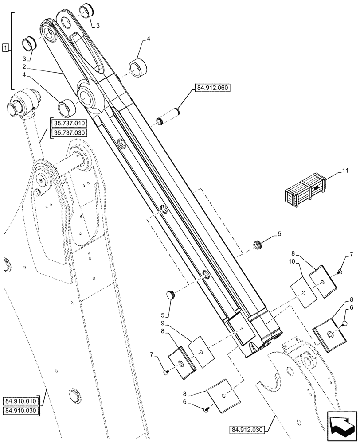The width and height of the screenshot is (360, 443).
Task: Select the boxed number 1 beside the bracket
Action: pos(5,47)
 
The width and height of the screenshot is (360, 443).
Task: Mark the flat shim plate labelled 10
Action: pos(303,293)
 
